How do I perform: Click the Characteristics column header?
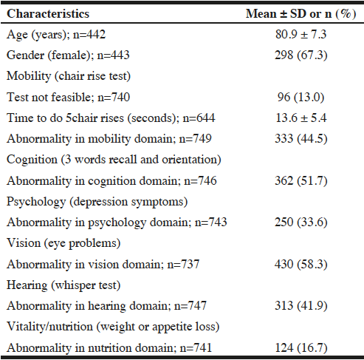(48, 14)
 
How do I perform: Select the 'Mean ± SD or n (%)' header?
(301, 14)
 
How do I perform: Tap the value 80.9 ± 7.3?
(301, 34)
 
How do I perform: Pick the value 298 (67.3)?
(301, 55)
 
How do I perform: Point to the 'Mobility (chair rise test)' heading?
(69, 76)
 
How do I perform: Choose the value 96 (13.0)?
(301, 97)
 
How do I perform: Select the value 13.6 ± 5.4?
(301, 118)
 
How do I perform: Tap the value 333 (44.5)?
(301, 138)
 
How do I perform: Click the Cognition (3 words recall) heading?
(114, 160)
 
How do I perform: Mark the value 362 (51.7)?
(301, 180)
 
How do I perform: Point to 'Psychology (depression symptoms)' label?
(97, 202)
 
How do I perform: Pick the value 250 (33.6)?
(301, 222)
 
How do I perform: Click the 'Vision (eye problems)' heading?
(63, 243)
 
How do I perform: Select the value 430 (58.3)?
(301, 264)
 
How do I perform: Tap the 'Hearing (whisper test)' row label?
(63, 285)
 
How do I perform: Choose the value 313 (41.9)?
(301, 305)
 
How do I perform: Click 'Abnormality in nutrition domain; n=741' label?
(109, 348)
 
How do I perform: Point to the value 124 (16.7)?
(301, 347)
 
